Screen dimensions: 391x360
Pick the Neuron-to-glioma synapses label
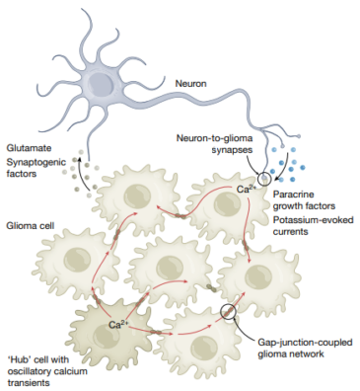[x=212, y=146]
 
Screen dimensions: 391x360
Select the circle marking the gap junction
[x=230, y=314]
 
